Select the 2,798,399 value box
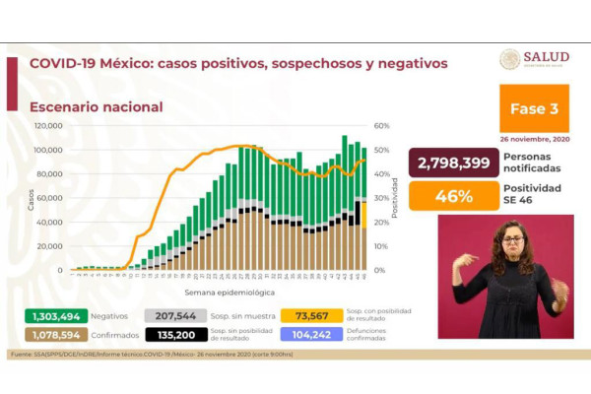tap(452, 163)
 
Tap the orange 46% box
tap(452, 195)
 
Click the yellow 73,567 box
tap(310, 315)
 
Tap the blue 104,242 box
tap(310, 334)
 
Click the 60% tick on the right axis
tap(382, 126)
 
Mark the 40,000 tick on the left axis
tap(49, 222)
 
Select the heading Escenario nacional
tap(97, 106)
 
